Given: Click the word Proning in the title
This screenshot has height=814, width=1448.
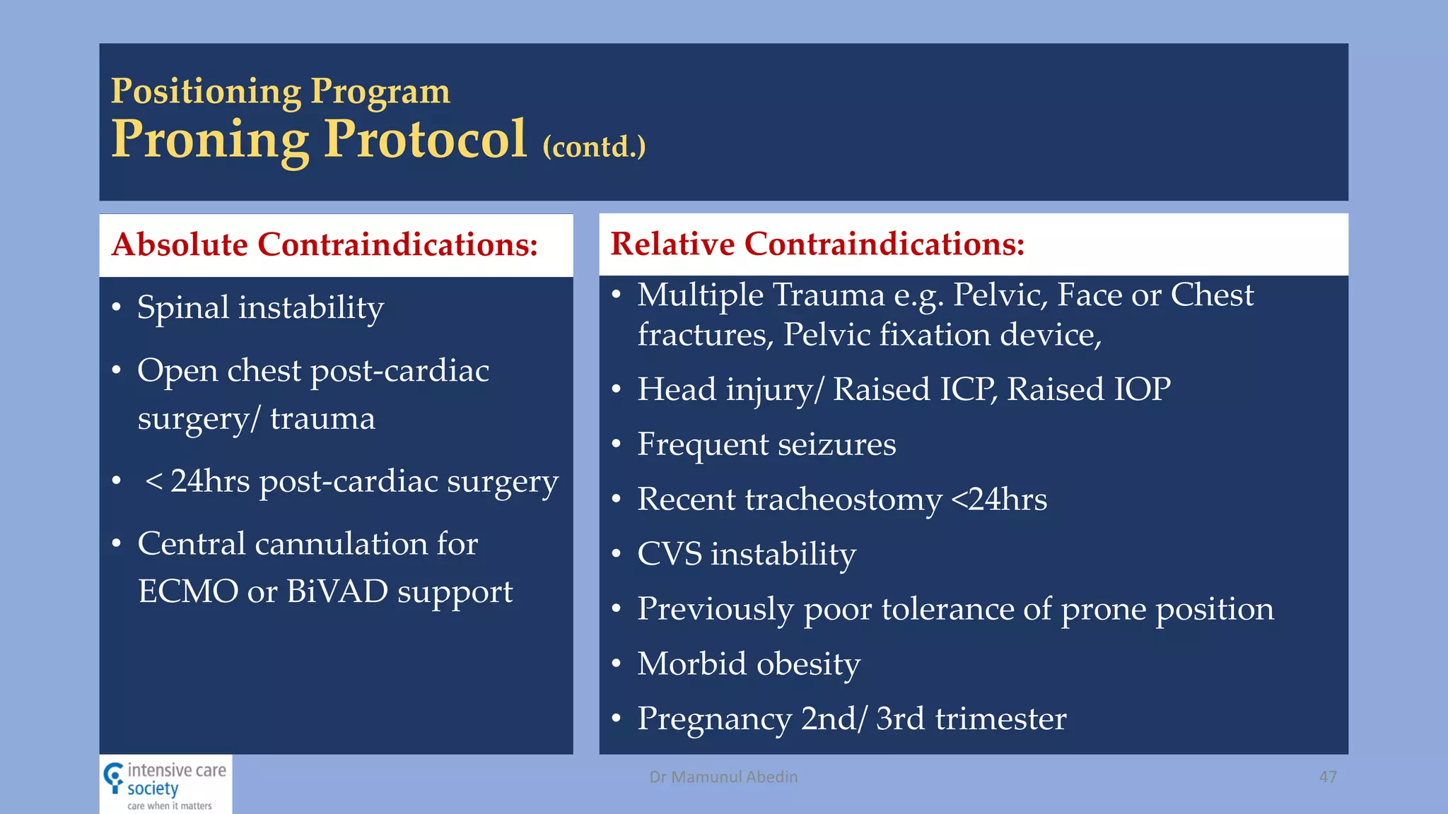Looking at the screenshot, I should (211, 140).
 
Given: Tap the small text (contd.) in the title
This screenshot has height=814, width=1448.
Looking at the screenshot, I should (594, 147).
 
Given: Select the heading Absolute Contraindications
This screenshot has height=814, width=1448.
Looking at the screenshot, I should (325, 244).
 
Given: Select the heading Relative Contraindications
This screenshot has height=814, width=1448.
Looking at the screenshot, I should (817, 244).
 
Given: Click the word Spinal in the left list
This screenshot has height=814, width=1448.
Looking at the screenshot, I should (183, 308).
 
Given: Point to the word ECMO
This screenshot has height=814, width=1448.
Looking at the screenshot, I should (187, 591).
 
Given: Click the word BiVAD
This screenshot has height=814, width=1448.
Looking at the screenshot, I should (337, 591).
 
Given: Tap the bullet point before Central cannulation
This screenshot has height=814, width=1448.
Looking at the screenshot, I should (117, 544).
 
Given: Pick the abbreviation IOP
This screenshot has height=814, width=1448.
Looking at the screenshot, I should (1142, 389).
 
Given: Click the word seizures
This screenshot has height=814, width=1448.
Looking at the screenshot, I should (836, 444).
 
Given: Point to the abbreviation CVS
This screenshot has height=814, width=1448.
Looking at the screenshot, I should (669, 554).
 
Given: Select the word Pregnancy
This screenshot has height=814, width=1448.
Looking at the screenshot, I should (714, 719).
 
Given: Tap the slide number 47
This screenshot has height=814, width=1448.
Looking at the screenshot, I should (1327, 777).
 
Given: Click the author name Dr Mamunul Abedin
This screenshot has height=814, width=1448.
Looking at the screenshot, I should (723, 777).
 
